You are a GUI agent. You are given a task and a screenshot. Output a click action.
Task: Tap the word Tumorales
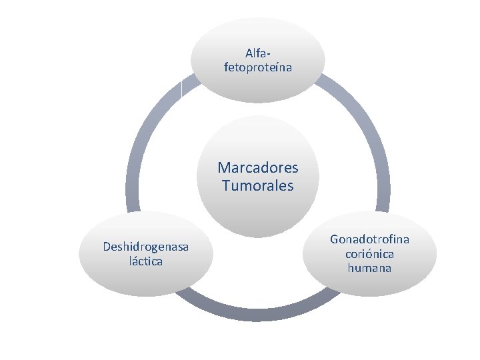tap(258, 185)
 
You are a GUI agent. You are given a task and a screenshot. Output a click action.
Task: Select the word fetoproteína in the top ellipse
tap(258, 67)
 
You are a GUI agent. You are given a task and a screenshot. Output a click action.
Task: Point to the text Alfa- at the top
tap(259, 53)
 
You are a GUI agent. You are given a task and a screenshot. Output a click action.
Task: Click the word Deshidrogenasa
tap(145, 247)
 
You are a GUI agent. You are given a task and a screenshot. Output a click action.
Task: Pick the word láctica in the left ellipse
tap(145, 261)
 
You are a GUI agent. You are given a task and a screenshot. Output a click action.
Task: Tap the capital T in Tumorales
tap(227, 185)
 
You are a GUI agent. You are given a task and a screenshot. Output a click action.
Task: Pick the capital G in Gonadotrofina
tap(335, 239)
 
